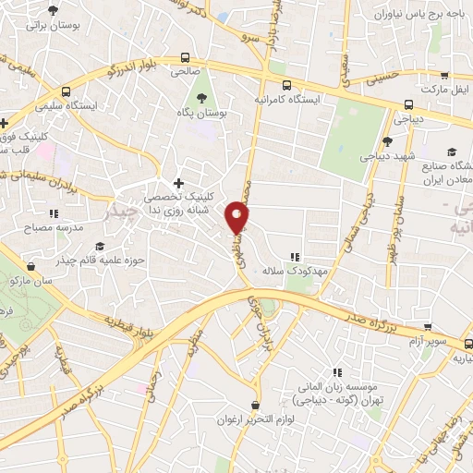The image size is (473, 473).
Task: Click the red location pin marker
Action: tap(239, 218)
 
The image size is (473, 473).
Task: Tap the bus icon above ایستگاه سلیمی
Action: tap(67, 91)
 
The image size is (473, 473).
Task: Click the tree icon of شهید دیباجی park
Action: tap(387, 140)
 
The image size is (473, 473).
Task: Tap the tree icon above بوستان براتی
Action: tap(48, 11)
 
